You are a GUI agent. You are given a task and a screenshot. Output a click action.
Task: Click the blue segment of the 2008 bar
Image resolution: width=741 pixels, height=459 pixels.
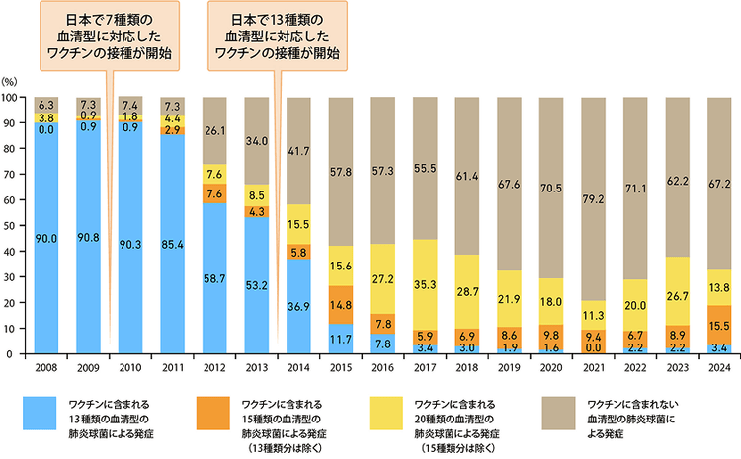(45, 237)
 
